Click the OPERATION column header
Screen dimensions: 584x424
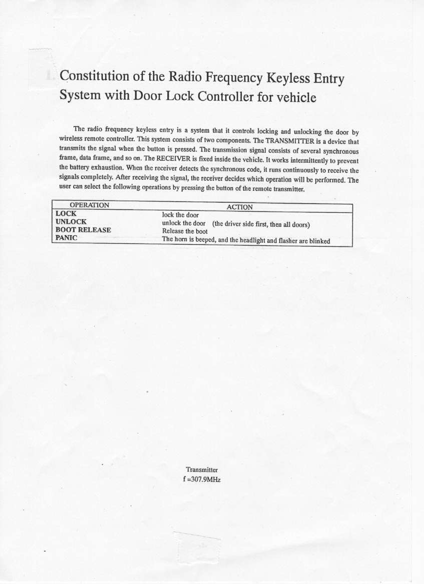coord(89,205)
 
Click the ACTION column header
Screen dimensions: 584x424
coord(240,207)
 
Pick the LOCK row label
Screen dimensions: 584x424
coord(66,214)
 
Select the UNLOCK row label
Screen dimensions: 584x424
coord(71,222)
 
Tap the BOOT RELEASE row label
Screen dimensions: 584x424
coord(83,230)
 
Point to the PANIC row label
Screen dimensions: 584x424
coord(67,238)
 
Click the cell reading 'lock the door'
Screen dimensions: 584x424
coord(180,215)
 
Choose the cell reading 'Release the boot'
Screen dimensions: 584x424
coord(185,231)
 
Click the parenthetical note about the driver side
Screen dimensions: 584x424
coord(262,224)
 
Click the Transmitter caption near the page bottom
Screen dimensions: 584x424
coord(202,470)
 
